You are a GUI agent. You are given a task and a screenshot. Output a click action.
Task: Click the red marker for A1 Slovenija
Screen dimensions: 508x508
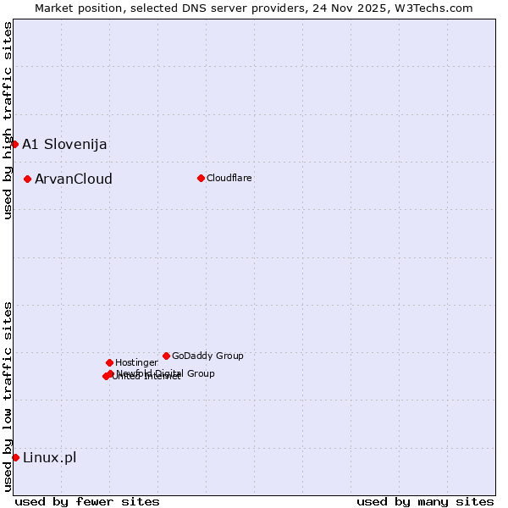[x=14, y=144]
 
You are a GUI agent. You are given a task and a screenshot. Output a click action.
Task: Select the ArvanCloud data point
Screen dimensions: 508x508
[x=28, y=179]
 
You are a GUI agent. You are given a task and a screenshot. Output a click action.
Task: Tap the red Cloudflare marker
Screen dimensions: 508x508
[x=201, y=178]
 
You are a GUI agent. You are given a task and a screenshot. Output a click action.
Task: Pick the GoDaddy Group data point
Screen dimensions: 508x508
[x=166, y=356]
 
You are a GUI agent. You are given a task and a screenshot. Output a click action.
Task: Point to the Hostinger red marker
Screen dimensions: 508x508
[x=109, y=362]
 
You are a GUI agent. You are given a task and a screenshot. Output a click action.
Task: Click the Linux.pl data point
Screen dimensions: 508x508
[x=15, y=457]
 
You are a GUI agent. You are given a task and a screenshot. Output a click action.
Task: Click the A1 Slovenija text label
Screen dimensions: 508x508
[x=64, y=144]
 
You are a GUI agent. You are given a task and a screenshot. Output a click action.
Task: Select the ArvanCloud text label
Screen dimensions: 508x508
[x=74, y=179]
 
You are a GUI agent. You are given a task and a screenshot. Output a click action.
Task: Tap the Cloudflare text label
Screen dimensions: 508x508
[x=229, y=178]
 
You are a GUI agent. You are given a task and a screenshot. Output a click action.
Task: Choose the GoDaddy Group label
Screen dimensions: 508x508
[x=207, y=356]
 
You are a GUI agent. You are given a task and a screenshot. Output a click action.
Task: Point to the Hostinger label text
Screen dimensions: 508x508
[x=136, y=362]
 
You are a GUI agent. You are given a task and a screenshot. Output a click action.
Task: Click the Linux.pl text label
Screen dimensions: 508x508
[x=49, y=457]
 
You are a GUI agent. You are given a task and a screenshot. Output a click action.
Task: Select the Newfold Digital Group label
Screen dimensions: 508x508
[x=166, y=373]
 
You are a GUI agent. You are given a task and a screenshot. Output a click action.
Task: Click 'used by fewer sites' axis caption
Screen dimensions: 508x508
[x=87, y=501]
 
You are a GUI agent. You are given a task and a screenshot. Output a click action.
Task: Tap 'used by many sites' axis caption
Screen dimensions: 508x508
[x=425, y=501]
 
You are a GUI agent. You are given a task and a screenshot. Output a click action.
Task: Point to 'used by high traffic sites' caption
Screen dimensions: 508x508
[x=8, y=120]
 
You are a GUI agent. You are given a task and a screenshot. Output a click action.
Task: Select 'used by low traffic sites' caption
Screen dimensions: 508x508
[x=8, y=396]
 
